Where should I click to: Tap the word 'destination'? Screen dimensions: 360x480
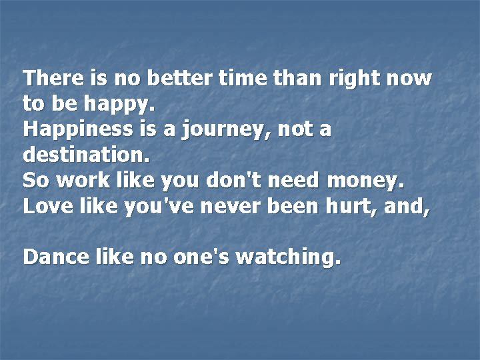[86, 155]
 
